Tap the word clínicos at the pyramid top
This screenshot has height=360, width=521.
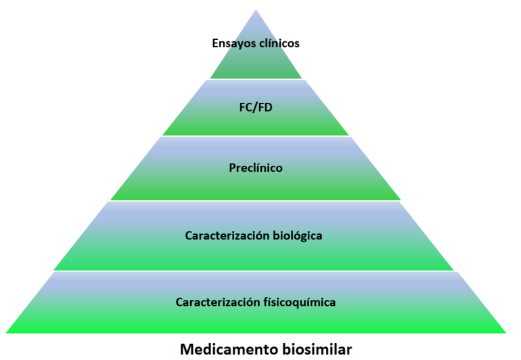[277, 43]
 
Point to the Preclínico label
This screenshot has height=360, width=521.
[255, 167]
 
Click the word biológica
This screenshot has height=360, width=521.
[294, 235]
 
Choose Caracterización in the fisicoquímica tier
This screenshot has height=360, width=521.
[215, 302]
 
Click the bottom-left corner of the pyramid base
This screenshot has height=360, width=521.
[7, 332]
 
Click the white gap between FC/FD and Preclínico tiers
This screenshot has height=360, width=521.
[255, 136]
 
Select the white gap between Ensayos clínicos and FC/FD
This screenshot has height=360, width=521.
[255, 80]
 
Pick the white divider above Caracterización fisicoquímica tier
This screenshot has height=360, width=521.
[255, 271]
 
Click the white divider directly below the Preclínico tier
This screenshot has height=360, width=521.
[255, 200]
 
